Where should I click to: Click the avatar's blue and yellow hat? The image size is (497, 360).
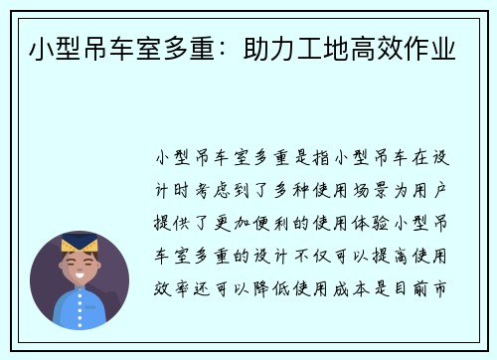click(x=79, y=244)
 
